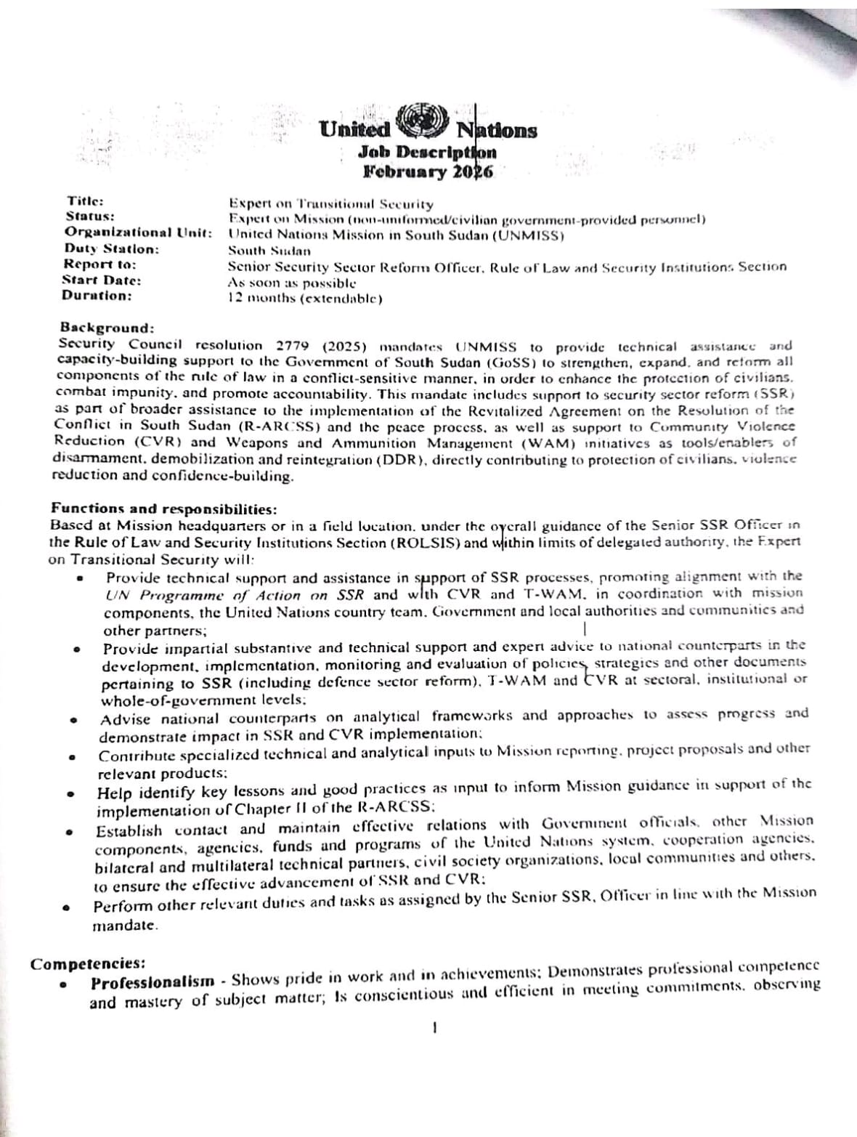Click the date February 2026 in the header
(x=428, y=172)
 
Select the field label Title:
(x=86, y=201)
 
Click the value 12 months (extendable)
(x=305, y=298)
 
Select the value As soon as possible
(x=292, y=282)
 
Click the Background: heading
(x=107, y=328)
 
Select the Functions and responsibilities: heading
(x=163, y=509)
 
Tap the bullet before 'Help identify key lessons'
(x=72, y=794)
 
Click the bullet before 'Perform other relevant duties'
(x=67, y=907)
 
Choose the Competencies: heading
(x=87, y=964)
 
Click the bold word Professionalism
(x=153, y=982)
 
